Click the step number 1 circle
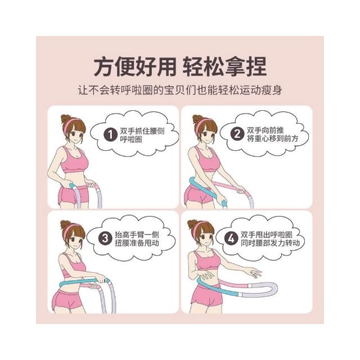tap(110, 135)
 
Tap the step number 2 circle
tap(237, 134)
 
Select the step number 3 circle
tap(105, 238)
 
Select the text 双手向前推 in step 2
tap(265, 130)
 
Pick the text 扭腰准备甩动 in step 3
tap(137, 242)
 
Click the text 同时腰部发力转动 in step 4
tap(270, 242)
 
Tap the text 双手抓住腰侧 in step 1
tap(142, 131)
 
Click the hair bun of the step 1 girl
tap(65, 119)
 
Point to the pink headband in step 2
tap(201, 124)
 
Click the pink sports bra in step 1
tap(74, 161)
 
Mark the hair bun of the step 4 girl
tap(192, 224)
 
